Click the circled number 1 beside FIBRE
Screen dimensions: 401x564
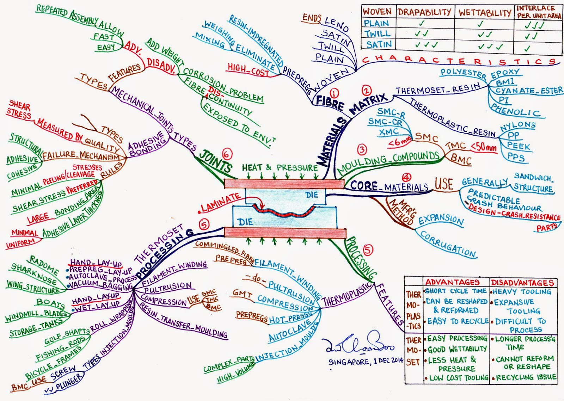pyautogui.click(x=334, y=93)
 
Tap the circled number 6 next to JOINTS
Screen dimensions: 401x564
pyautogui.click(x=228, y=154)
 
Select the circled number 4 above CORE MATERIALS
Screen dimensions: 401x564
pyautogui.click(x=406, y=178)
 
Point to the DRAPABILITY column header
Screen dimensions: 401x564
pyautogui.click(x=424, y=12)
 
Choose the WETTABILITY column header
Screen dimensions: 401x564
pyautogui.click(x=485, y=13)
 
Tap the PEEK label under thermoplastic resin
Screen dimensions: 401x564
pyautogui.click(x=518, y=146)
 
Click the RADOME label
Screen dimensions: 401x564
pyautogui.click(x=44, y=265)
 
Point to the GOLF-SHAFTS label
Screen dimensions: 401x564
pyautogui.click(x=67, y=337)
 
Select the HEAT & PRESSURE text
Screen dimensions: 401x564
pyautogui.click(x=280, y=168)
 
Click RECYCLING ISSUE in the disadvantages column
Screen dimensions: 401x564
pyautogui.click(x=526, y=377)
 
